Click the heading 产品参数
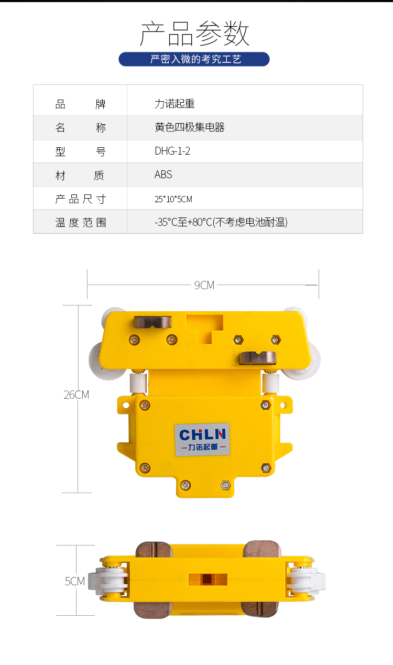pyautogui.click(x=195, y=34)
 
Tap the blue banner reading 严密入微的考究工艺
pyautogui.click(x=194, y=59)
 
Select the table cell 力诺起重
pyautogui.click(x=174, y=104)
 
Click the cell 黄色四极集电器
pyautogui.click(x=189, y=127)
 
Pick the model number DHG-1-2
pyautogui.click(x=172, y=151)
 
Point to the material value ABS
pyautogui.click(x=163, y=175)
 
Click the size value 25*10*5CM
pyautogui.click(x=173, y=199)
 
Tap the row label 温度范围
pyautogui.click(x=81, y=222)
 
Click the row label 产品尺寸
pyautogui.click(x=81, y=199)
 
